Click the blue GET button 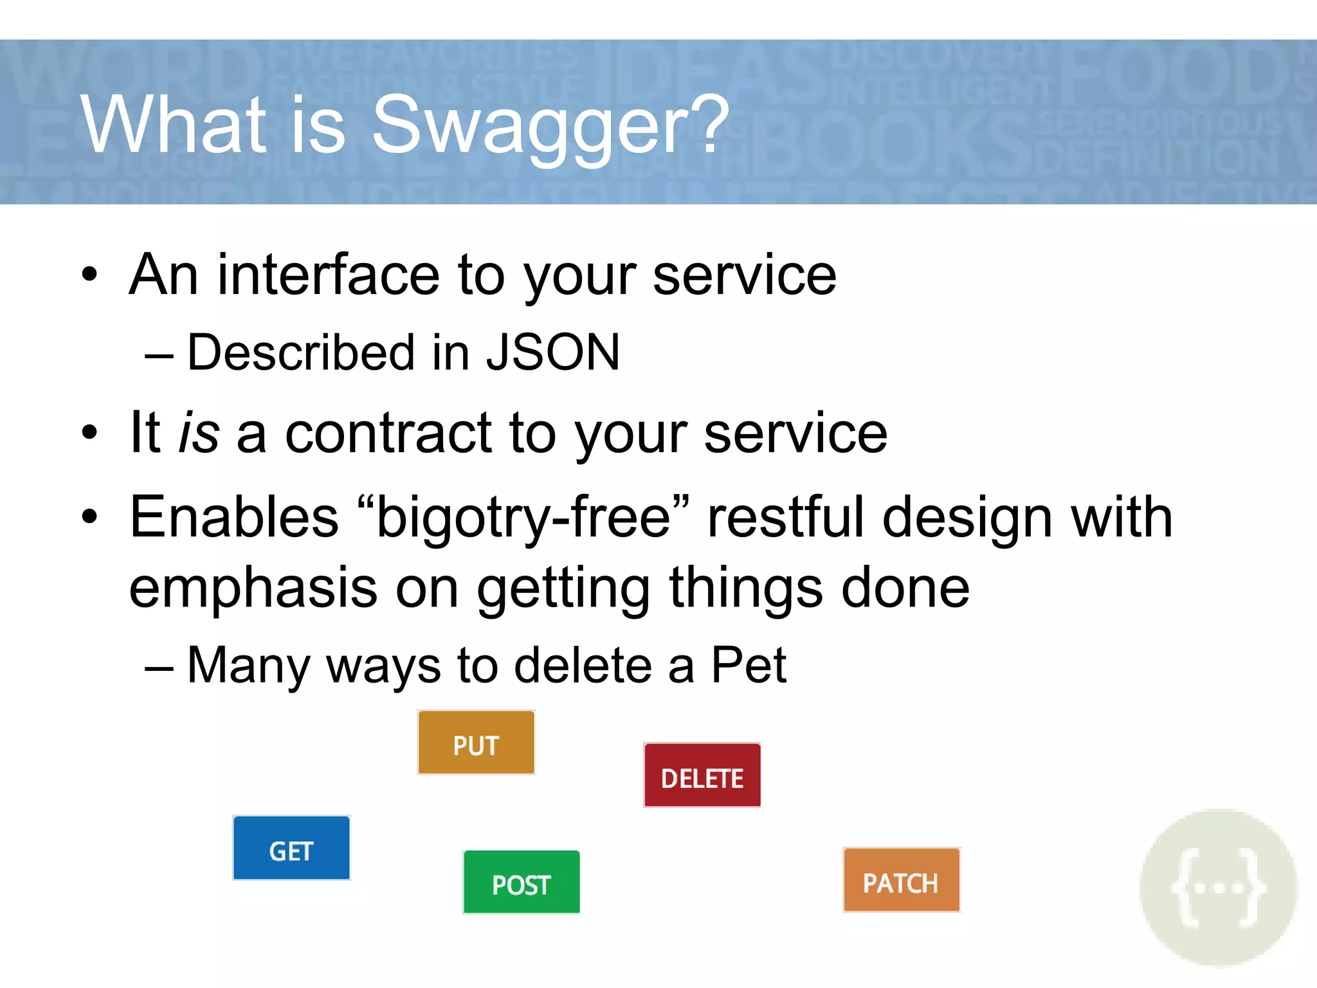291,848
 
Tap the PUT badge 476,742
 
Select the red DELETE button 702,775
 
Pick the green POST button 521,882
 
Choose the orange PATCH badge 901,880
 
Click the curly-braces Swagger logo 1218,888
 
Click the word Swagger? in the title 550,125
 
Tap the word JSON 553,352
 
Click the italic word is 199,433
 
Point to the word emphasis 253,589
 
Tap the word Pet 748,665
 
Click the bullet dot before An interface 89,274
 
